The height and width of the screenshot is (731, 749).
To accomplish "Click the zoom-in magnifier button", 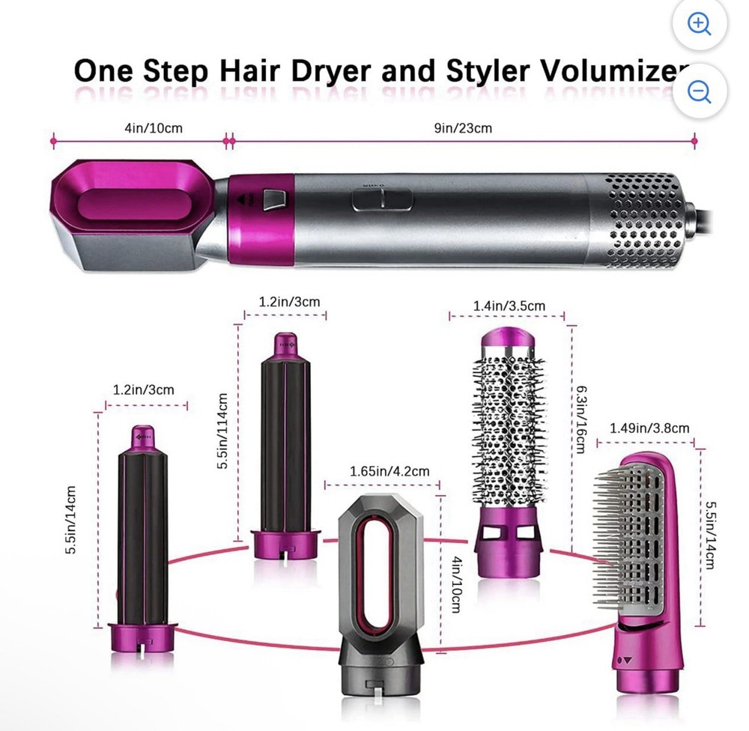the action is coord(700,23).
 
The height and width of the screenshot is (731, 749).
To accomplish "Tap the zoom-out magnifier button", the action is coord(700,91).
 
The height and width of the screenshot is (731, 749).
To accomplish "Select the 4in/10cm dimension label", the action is coord(154,128).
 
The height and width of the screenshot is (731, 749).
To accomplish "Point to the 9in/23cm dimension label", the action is coord(463,128).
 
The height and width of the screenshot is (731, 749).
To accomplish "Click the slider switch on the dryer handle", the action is coord(382,200).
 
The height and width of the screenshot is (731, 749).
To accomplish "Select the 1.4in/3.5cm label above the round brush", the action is coord(509,306).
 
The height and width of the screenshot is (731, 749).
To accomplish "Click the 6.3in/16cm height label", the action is coord(581,420).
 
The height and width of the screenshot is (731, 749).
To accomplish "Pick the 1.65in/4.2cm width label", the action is coord(389,472).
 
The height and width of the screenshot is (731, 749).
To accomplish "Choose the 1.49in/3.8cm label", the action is coord(649,428).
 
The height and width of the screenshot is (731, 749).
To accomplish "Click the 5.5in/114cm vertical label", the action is coord(222,431).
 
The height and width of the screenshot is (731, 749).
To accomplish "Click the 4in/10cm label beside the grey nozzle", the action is coord(455,584).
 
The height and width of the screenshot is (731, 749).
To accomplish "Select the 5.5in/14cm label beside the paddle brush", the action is coord(711,535).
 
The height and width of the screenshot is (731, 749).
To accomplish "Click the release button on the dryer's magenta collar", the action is coord(274,199).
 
